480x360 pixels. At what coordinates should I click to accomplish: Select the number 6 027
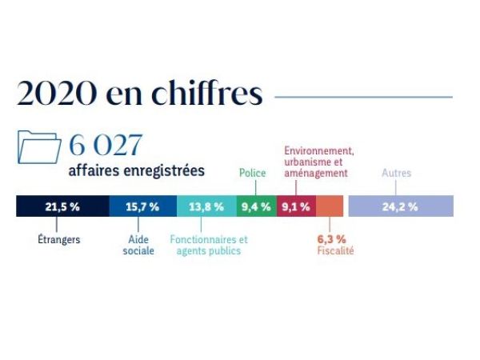(x=106, y=146)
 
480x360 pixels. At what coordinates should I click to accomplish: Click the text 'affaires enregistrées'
(x=136, y=171)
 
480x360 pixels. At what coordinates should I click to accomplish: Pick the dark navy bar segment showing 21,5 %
(x=62, y=206)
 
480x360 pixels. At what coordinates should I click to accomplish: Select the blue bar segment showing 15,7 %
(x=142, y=206)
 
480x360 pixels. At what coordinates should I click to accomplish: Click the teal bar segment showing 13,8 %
(x=206, y=206)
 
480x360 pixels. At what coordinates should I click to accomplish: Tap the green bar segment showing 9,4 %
(x=255, y=206)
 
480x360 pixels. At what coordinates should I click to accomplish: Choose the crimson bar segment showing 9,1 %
(x=295, y=206)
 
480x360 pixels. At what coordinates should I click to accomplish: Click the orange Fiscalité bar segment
(x=330, y=206)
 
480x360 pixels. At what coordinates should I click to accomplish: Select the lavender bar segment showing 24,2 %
(x=401, y=206)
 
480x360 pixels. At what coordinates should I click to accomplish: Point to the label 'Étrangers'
(x=59, y=239)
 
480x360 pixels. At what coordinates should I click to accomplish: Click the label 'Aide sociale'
(x=138, y=245)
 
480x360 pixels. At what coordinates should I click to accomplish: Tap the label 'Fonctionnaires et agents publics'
(x=209, y=245)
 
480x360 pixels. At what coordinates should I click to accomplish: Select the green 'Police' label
(x=253, y=172)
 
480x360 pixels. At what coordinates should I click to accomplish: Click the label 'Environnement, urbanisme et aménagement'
(x=319, y=161)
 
